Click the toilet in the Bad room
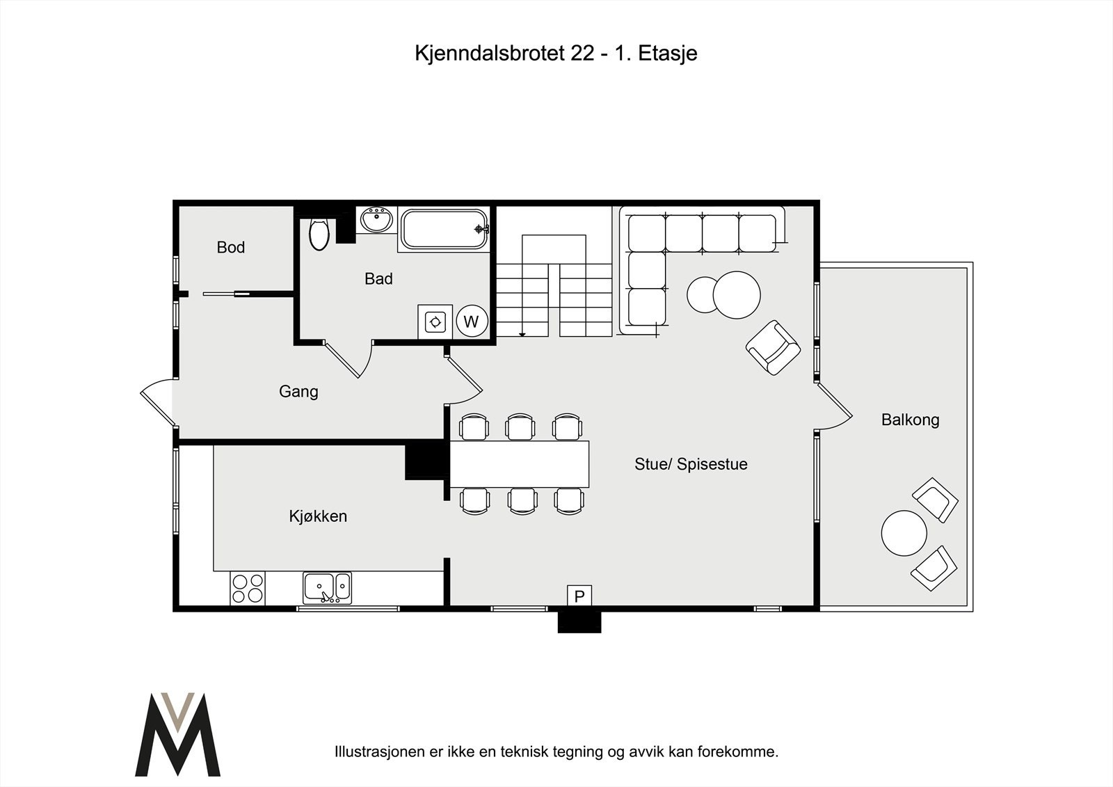(319, 234)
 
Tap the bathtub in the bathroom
(445, 229)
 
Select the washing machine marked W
(472, 321)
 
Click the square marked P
(579, 596)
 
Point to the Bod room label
(231, 247)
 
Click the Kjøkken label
(318, 516)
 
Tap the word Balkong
(910, 420)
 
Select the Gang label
(298, 391)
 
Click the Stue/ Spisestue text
(691, 464)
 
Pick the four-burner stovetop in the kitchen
(248, 588)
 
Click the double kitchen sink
(327, 588)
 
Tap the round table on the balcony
(904, 533)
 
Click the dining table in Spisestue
(520, 463)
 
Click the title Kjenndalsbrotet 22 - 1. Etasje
(556, 54)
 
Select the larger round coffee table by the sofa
(737, 294)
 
